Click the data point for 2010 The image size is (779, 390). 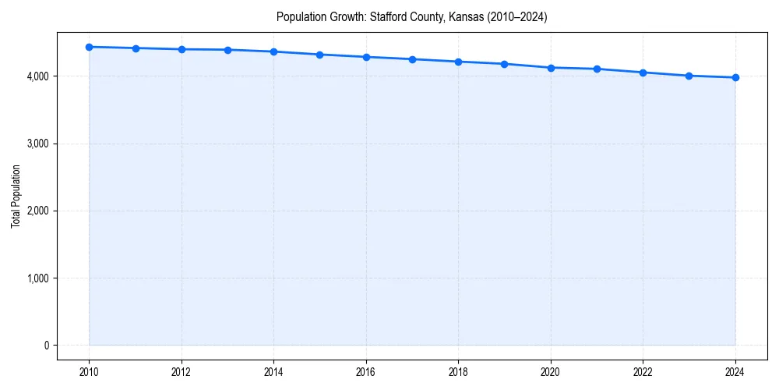90,47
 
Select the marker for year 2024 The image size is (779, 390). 735,77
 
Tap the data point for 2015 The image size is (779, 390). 320,55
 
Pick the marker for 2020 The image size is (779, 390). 551,68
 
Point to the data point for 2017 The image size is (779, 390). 412,59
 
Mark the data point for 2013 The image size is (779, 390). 227,50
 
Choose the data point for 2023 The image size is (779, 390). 689,76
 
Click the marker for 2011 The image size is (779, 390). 136,48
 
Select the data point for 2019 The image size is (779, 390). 505,64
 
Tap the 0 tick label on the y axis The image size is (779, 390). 46,346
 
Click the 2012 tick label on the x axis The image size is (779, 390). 182,371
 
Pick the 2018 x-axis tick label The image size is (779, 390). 458,371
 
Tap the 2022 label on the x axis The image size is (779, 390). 643,371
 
